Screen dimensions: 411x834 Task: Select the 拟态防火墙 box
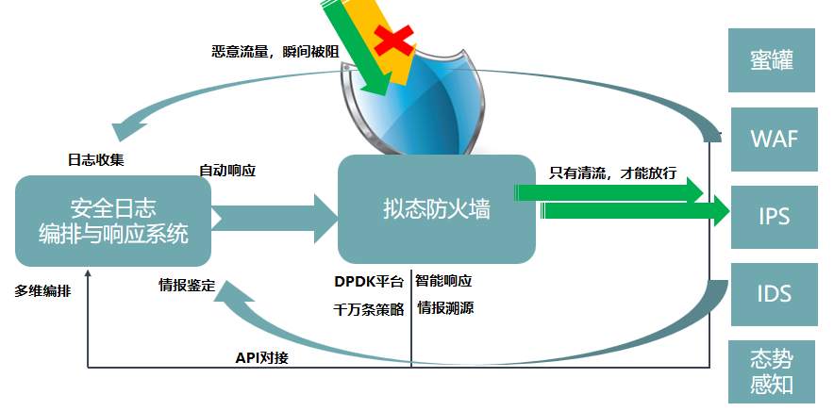437,208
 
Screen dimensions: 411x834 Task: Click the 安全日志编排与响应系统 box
113,221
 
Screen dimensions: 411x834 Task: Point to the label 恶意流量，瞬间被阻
275,51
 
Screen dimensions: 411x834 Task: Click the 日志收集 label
94,157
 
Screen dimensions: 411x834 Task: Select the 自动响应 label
227,171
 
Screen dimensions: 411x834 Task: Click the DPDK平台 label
369,282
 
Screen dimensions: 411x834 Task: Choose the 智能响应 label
443,282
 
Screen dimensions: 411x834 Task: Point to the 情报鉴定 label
187,285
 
